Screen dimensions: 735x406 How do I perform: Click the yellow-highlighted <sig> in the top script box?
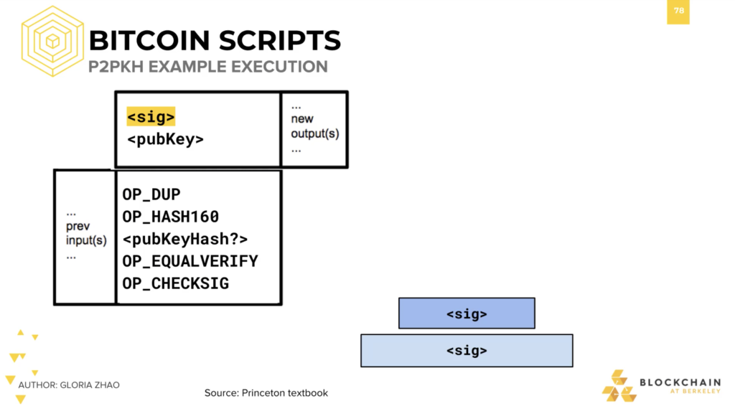[x=151, y=117]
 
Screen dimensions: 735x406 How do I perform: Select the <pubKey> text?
[x=166, y=139]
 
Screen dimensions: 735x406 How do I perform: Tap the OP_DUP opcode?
[x=151, y=194]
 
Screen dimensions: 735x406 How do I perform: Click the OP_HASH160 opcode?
[x=171, y=217]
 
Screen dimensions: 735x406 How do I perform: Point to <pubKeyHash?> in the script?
[x=185, y=239]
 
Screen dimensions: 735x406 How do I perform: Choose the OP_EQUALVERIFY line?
[x=190, y=261]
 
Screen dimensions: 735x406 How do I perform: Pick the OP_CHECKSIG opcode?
[x=176, y=283]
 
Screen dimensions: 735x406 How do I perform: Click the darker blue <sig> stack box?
[x=467, y=313]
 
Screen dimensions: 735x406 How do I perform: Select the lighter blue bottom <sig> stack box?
[x=467, y=351]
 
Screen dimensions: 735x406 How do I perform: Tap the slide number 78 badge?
[x=678, y=11]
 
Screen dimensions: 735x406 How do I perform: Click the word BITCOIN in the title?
[x=149, y=41]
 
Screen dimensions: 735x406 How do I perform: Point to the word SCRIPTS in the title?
[x=280, y=41]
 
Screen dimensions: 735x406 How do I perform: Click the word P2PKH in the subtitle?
[x=116, y=67]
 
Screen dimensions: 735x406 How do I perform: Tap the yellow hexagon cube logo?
[x=52, y=41]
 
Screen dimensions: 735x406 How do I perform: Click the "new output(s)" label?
[x=315, y=126]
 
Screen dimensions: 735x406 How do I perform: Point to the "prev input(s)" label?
[x=86, y=233]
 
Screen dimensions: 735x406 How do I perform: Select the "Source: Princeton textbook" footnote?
[x=266, y=393]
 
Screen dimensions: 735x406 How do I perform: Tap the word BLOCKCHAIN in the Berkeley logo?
[x=680, y=382]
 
